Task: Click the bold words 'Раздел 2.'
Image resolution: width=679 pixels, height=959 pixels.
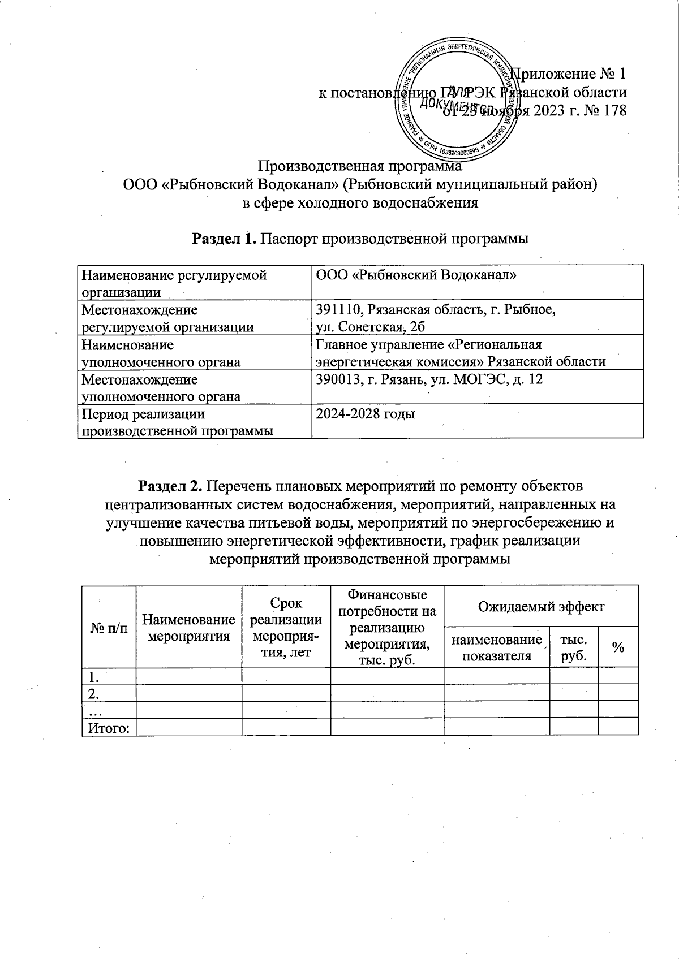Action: (x=170, y=486)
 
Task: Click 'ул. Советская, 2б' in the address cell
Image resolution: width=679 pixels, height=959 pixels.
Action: (x=370, y=327)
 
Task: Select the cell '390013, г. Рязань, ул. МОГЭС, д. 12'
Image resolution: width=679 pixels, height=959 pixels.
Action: (x=429, y=379)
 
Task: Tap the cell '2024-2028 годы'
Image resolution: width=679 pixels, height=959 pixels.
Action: (x=366, y=414)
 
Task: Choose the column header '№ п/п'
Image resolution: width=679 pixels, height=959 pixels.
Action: (x=109, y=628)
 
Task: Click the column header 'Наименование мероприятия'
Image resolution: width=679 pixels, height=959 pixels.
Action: (x=188, y=628)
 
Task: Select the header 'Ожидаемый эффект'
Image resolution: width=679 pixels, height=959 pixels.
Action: (x=541, y=607)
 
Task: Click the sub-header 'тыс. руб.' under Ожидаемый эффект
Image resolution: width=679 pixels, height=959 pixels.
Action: (x=573, y=648)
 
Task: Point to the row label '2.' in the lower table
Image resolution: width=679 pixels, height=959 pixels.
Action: (x=90, y=693)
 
